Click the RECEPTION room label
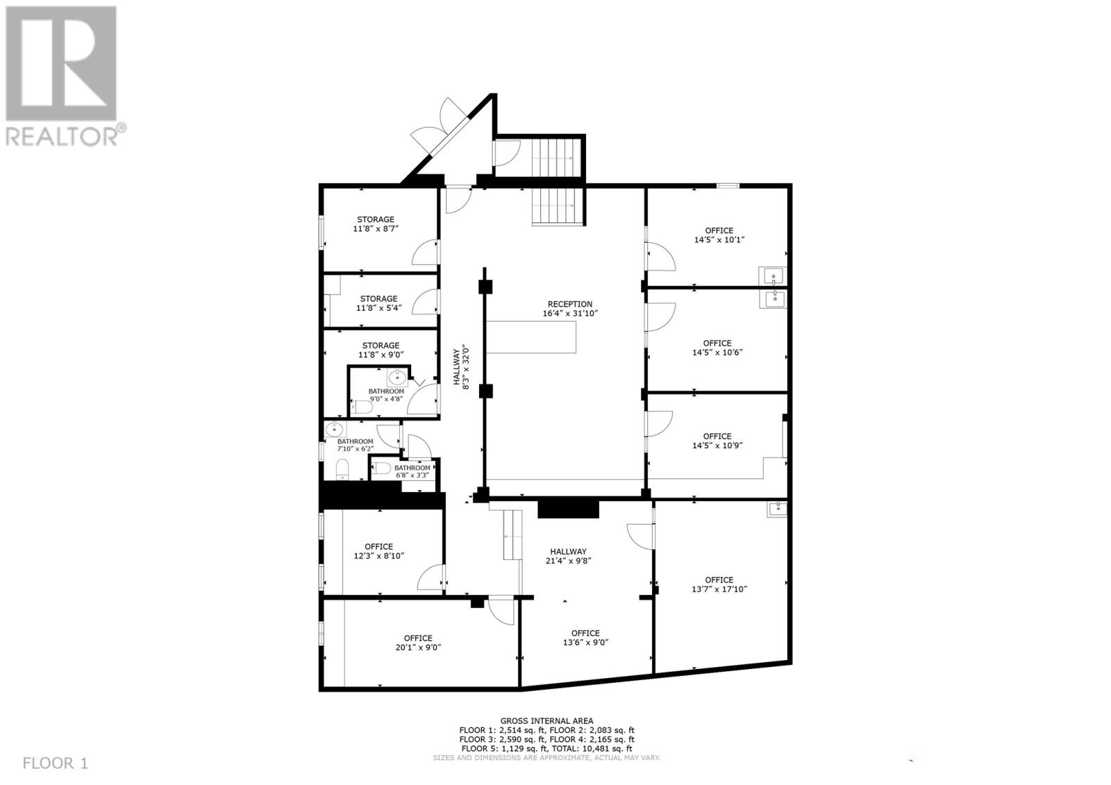[x=569, y=304]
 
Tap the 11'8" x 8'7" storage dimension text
[x=376, y=228]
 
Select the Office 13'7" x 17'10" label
[x=719, y=584]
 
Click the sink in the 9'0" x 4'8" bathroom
[x=397, y=378]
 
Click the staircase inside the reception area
[x=558, y=206]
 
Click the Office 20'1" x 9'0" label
[x=418, y=643]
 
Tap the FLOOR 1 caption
[x=56, y=763]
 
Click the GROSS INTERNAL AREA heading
[x=546, y=721]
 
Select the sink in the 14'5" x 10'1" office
[x=774, y=276]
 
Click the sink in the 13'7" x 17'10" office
[x=778, y=509]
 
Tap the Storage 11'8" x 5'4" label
[x=378, y=303]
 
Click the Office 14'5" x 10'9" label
[x=717, y=441]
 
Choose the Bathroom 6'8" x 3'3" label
[x=412, y=471]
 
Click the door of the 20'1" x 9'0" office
[x=501, y=610]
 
